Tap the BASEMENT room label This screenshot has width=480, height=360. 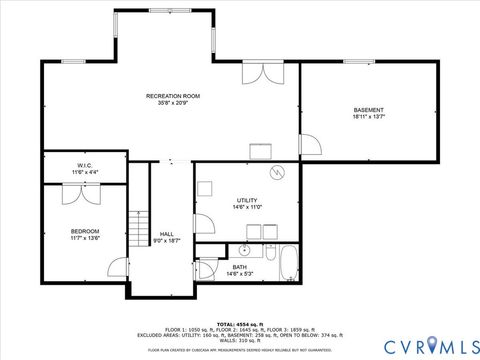(368, 109)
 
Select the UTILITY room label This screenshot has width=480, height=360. (248, 200)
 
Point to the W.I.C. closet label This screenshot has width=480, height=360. (85, 165)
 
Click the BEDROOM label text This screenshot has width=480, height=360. (84, 231)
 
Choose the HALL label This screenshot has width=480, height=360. (167, 234)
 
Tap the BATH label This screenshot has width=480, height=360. (240, 267)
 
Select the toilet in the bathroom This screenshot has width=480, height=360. (207, 267)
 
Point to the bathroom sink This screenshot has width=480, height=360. (244, 249)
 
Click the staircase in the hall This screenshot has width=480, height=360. (139, 232)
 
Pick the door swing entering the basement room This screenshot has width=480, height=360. (310, 144)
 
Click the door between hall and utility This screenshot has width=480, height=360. (202, 223)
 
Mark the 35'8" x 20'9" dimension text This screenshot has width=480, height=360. (166, 104)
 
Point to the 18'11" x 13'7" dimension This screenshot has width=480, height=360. (368, 117)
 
